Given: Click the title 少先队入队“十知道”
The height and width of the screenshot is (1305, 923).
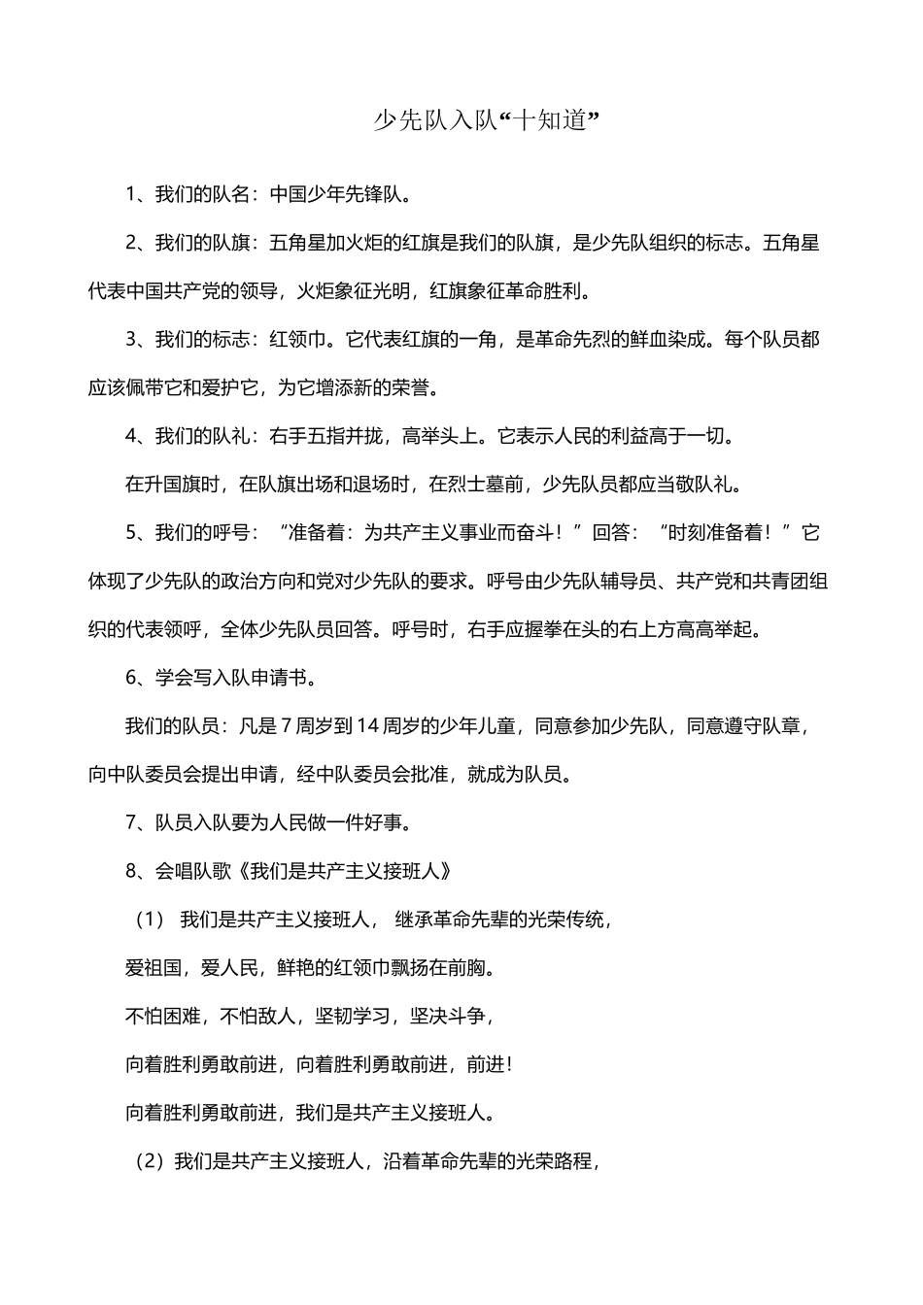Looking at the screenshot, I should pos(484,120).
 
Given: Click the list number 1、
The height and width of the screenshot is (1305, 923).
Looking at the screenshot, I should pos(138,194).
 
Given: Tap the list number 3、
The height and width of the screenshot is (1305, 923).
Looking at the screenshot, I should pos(138,340).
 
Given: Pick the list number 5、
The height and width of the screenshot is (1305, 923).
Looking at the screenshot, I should pos(138,532).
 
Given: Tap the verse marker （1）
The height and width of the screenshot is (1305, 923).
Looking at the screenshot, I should pos(152,920).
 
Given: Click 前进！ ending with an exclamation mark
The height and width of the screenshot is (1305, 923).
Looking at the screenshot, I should pos(489,1064).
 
